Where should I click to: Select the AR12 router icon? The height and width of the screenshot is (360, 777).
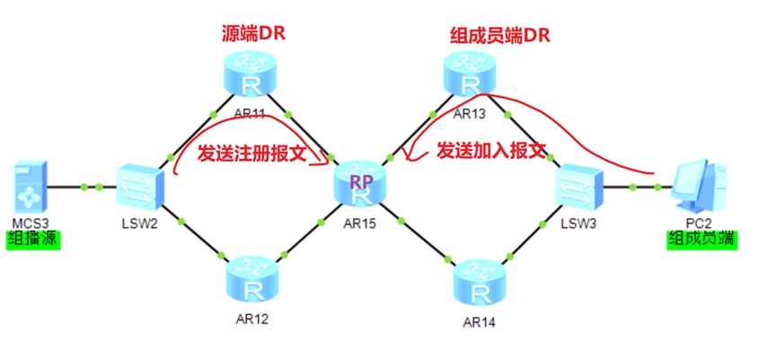pos(252,281)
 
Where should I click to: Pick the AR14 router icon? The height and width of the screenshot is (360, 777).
pos(481,285)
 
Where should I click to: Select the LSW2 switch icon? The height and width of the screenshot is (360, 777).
pos(137,188)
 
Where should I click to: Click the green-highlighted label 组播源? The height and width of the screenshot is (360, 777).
pos(33,241)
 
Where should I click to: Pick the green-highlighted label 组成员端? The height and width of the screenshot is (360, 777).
pos(701,240)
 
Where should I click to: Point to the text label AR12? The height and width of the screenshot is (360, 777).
pos(252,318)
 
